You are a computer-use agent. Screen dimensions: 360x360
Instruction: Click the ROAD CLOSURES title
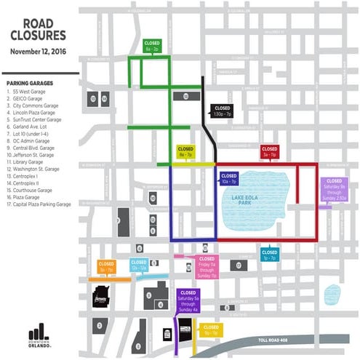(39, 27)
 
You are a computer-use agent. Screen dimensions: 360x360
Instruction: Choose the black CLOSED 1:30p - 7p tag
(222, 111)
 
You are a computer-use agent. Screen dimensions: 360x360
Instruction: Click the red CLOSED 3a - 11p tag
(269, 152)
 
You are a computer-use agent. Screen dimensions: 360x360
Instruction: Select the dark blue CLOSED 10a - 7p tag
(228, 178)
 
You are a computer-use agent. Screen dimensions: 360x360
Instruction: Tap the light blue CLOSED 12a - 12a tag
(139, 266)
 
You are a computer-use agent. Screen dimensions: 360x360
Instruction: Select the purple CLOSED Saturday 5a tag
(187, 299)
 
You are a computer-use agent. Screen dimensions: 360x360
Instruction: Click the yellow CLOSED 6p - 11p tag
(210, 331)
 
